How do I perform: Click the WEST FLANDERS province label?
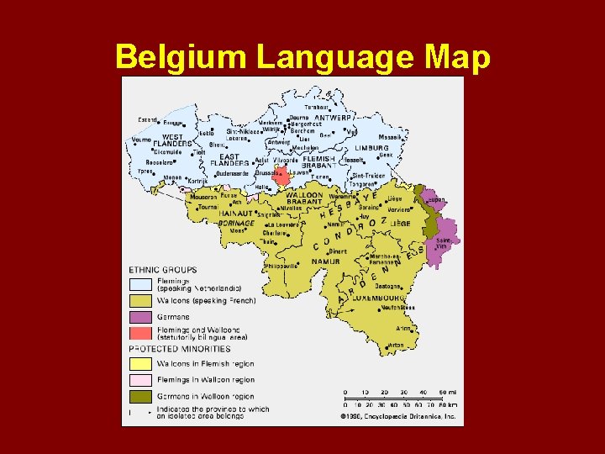point(173,140)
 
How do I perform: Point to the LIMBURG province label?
point(371,148)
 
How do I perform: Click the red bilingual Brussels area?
point(282,176)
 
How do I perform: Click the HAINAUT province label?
point(237,214)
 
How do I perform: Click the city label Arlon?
point(405,329)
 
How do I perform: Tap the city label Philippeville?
point(280,266)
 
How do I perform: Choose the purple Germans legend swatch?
point(140,317)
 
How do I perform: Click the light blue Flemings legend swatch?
point(140,284)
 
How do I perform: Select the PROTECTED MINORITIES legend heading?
point(180,348)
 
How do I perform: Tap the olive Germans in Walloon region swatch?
point(140,396)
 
